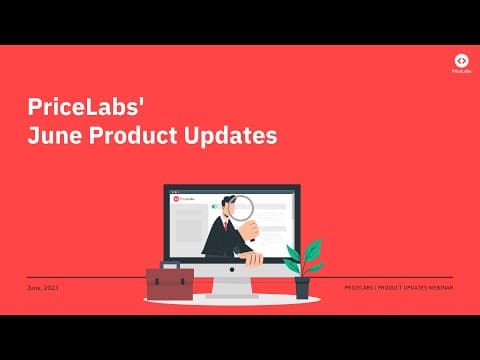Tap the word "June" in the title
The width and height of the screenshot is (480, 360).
click(52, 136)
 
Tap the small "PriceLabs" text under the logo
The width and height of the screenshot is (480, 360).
click(460, 73)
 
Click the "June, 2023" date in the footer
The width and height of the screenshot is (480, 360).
click(43, 288)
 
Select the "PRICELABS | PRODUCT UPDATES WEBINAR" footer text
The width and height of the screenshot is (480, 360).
click(398, 288)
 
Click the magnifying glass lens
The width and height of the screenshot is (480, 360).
click(242, 206)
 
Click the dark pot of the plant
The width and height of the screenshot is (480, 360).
click(302, 288)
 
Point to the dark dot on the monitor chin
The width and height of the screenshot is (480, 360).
click(232, 273)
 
